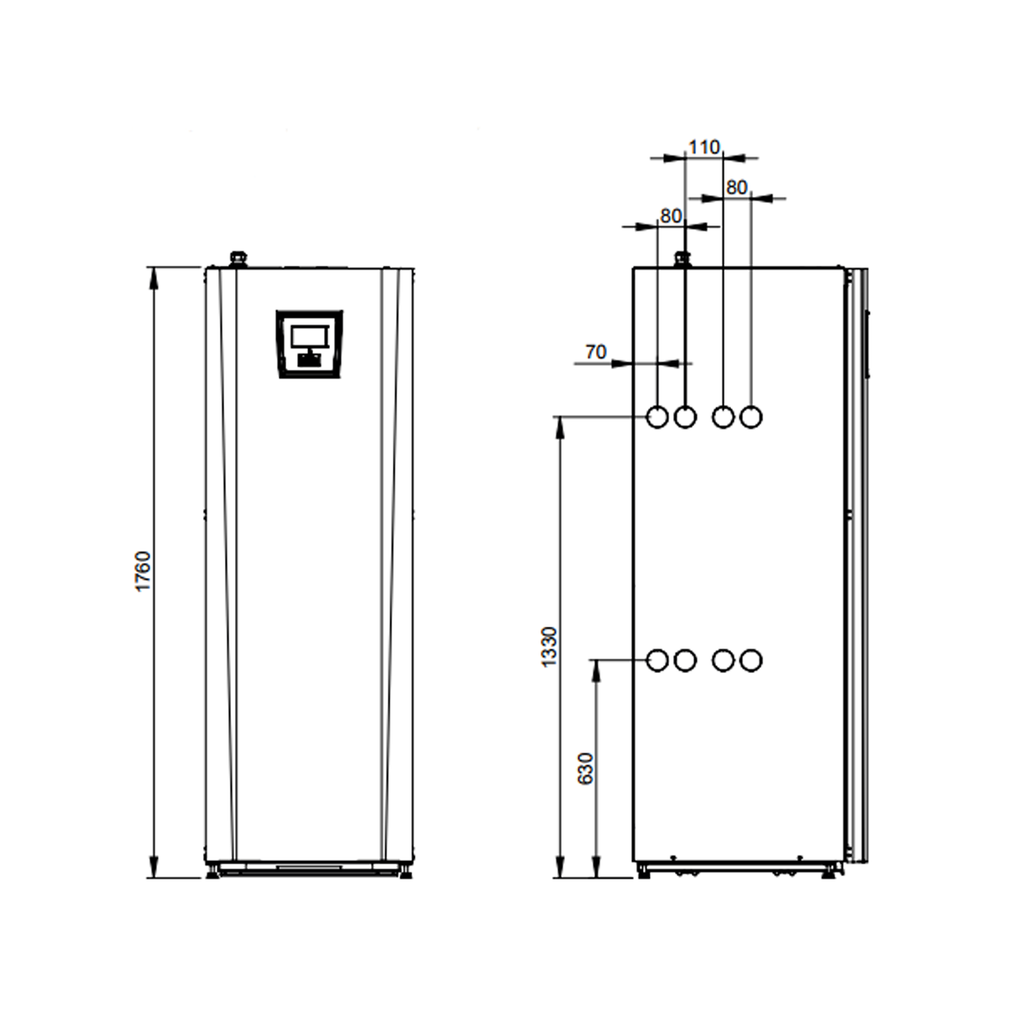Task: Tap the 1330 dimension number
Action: [549, 646]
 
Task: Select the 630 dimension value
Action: [586, 768]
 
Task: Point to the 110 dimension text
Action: [704, 147]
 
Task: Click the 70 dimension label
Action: [595, 351]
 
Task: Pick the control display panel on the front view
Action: [310, 344]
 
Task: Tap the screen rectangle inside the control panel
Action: [310, 337]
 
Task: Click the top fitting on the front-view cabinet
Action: [237, 259]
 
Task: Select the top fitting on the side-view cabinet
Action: [682, 259]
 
